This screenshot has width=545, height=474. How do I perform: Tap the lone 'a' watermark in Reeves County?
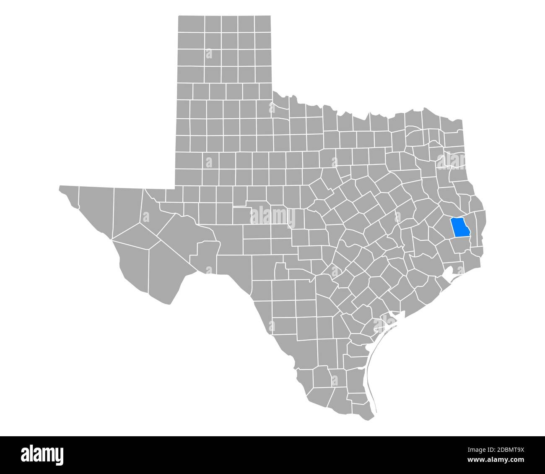point(146,216)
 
